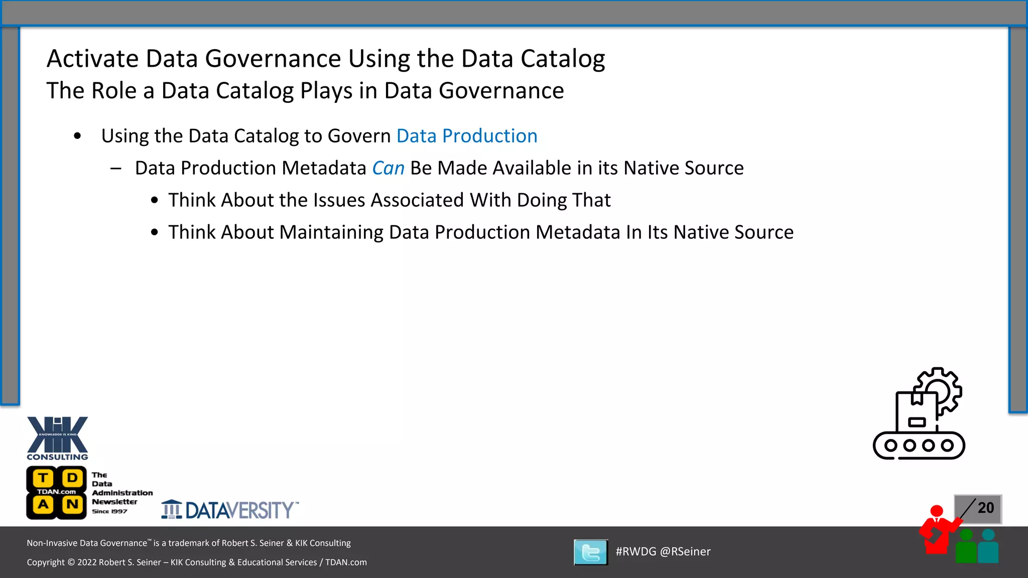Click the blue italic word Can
pos(388,168)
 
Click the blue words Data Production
pos(467,136)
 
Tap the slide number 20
pos(985,508)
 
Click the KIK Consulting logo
pos(57,438)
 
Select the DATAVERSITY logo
pos(230,510)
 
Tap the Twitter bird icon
pos(591,552)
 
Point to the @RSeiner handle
pos(685,551)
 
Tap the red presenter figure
pos(936,532)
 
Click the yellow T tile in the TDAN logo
pos(44,478)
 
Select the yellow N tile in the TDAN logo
pos(72,504)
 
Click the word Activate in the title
pos(92,59)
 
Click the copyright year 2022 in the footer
pos(87,562)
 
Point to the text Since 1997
pos(109,511)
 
